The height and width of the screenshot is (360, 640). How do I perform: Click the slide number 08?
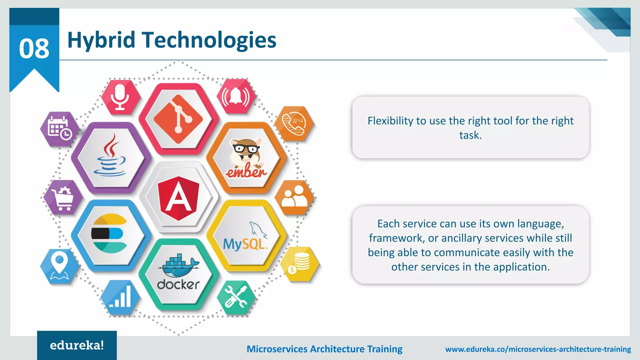34,49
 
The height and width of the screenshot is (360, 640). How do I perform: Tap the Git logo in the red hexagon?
178,119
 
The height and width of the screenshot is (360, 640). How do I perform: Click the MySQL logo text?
245,244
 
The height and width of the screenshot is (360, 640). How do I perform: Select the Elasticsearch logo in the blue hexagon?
109,233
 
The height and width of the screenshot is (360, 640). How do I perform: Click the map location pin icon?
59,266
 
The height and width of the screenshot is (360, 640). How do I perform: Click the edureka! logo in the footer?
77,345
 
